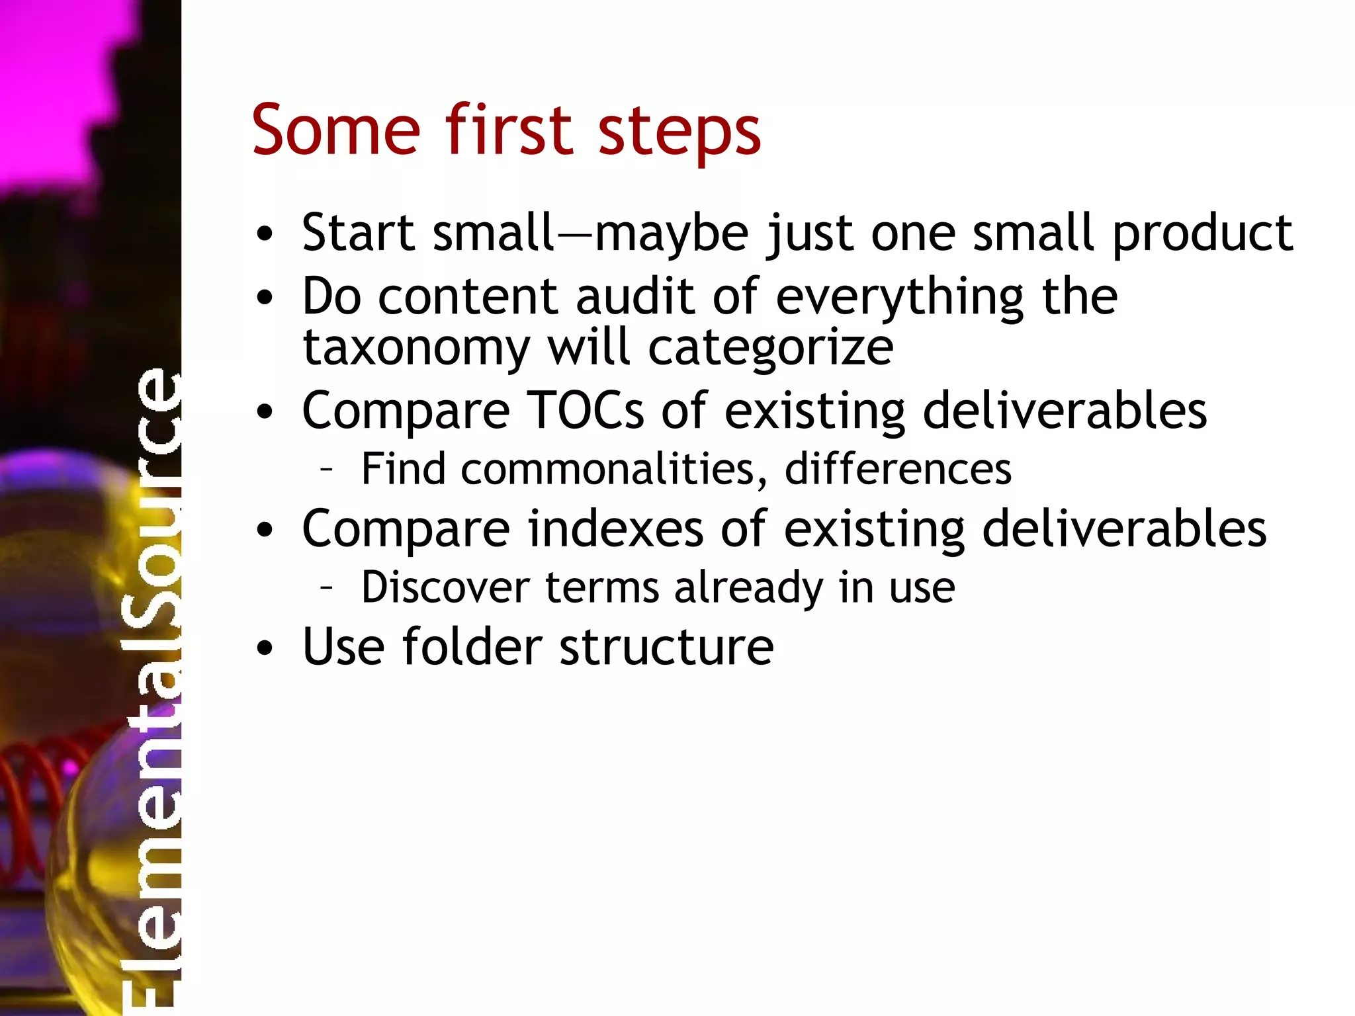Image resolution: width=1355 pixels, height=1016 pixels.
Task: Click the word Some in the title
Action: coord(335,130)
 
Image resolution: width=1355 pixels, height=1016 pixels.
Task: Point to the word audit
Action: coord(635,297)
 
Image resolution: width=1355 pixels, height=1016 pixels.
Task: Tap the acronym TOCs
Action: coord(586,411)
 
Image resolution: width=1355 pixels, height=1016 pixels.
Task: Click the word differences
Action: coord(898,470)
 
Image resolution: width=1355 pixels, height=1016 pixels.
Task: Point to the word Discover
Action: coord(445,587)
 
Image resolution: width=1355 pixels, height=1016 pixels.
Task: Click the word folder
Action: coord(472,647)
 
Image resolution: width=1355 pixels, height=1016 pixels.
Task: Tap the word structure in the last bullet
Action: coord(666,647)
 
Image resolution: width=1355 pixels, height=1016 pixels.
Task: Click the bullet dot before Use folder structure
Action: coord(265,649)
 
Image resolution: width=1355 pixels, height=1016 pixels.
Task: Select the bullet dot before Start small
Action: coord(265,235)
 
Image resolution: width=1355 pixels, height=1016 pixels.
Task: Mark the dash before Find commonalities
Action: coord(326,470)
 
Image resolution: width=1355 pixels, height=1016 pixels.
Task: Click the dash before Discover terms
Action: coord(326,587)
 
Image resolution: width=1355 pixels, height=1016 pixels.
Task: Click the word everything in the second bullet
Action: coord(900,298)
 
